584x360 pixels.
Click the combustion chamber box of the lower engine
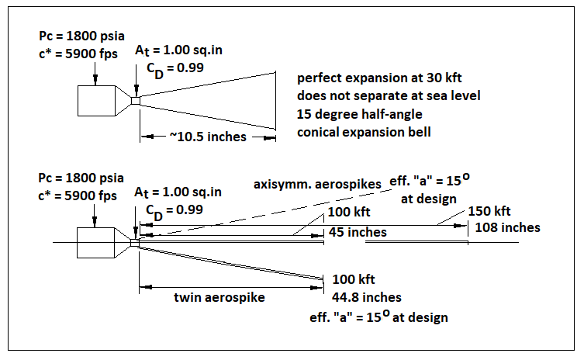pyautogui.click(x=95, y=243)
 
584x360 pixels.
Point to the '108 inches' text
pyautogui.click(x=506, y=227)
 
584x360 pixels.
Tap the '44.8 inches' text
pyautogui.click(x=367, y=297)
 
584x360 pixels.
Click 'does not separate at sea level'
pyautogui.click(x=388, y=97)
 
